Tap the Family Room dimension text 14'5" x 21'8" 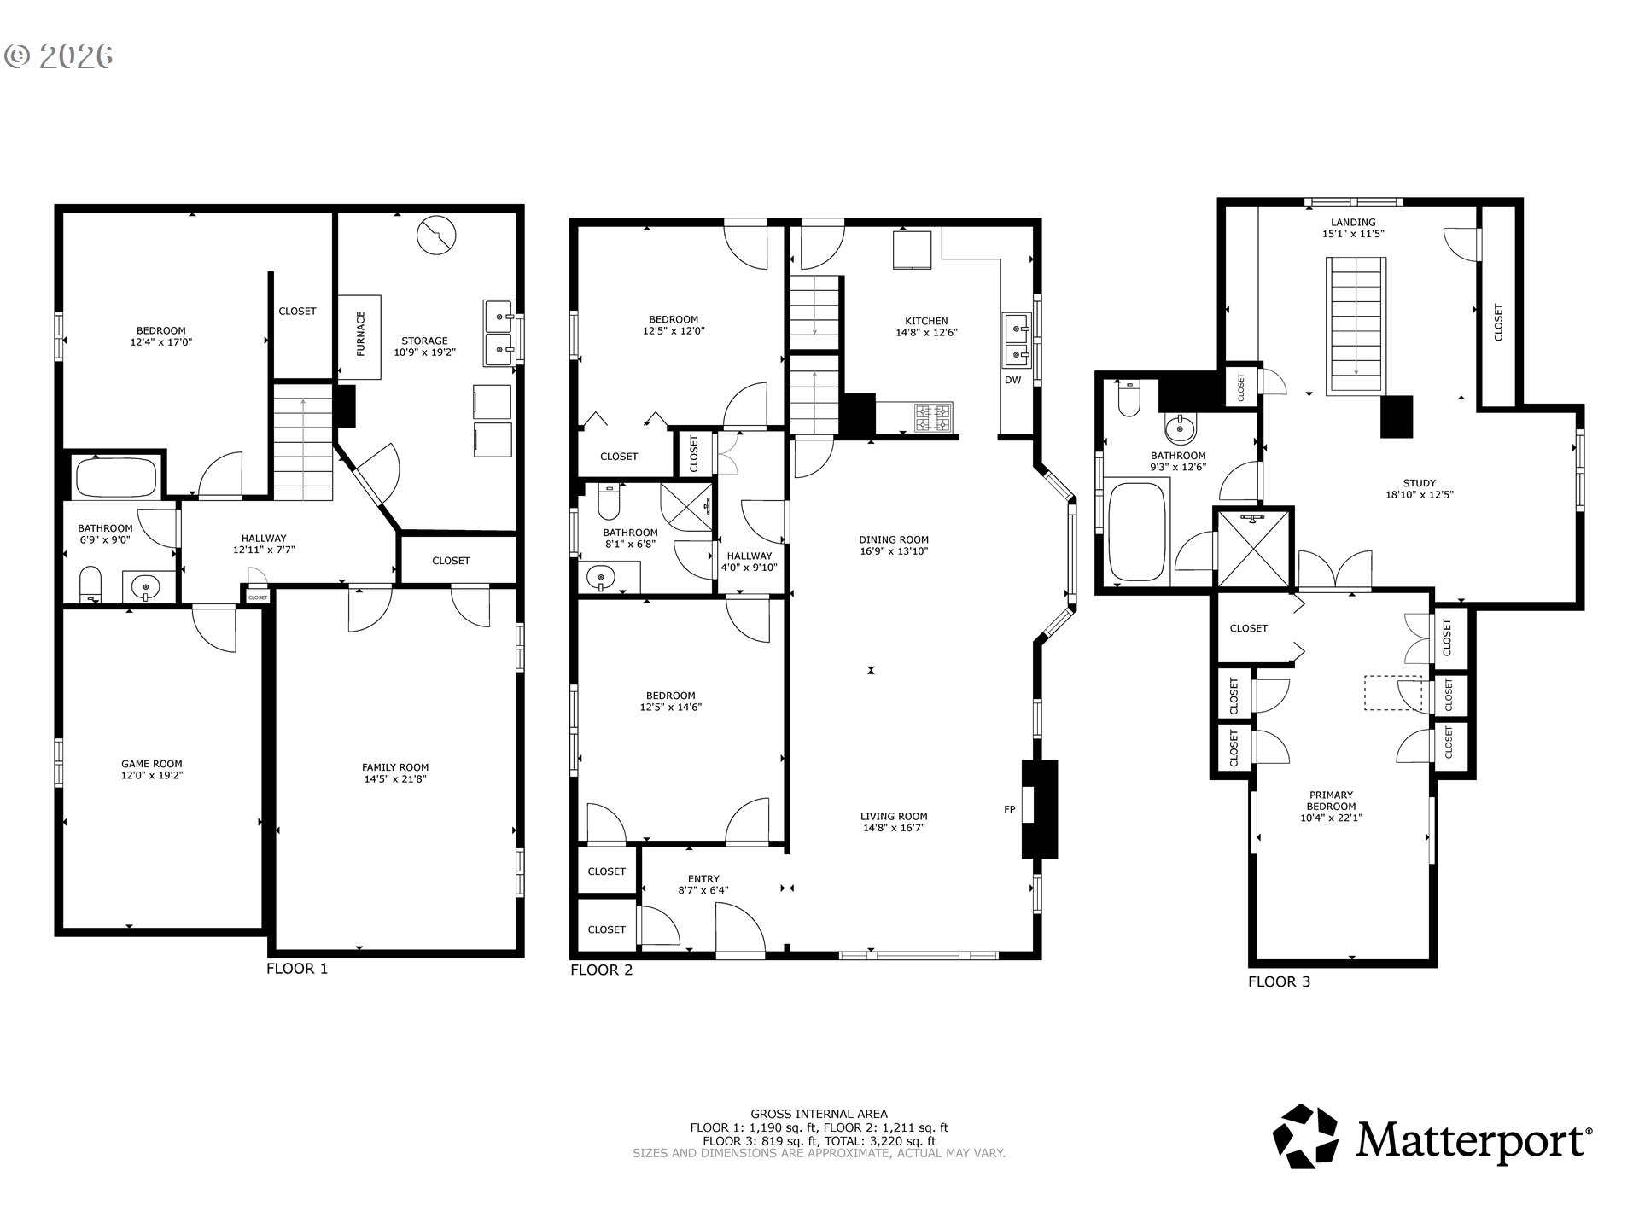click(394, 778)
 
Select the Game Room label click(151, 764)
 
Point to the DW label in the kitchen click(1012, 380)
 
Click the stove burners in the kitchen click(932, 418)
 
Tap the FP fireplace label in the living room click(1009, 809)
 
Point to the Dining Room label click(894, 539)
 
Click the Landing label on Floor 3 click(1353, 222)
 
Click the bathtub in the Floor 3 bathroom click(1136, 531)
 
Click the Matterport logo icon click(1305, 1136)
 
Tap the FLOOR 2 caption click(601, 970)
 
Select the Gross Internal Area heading click(819, 1114)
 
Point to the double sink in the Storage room click(499, 333)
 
